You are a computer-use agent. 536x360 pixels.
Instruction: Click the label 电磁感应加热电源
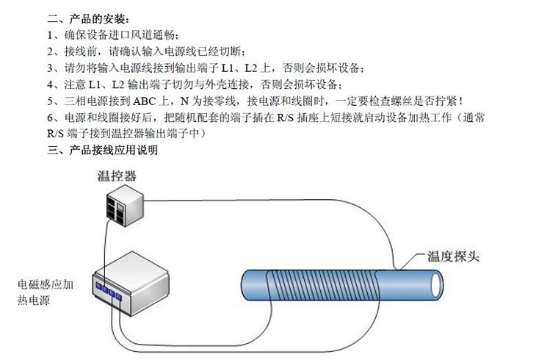pyautogui.click(x=45, y=292)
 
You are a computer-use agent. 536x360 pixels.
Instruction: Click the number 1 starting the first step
pyautogui.click(x=50, y=35)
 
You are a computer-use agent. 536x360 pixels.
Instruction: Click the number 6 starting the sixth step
pyautogui.click(x=50, y=118)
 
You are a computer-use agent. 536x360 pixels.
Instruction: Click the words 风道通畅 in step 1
pyautogui.click(x=154, y=35)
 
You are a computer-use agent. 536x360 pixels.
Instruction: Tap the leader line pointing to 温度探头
pyautogui.click(x=411, y=263)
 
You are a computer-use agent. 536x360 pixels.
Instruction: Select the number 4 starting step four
pyautogui.click(x=50, y=84)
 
